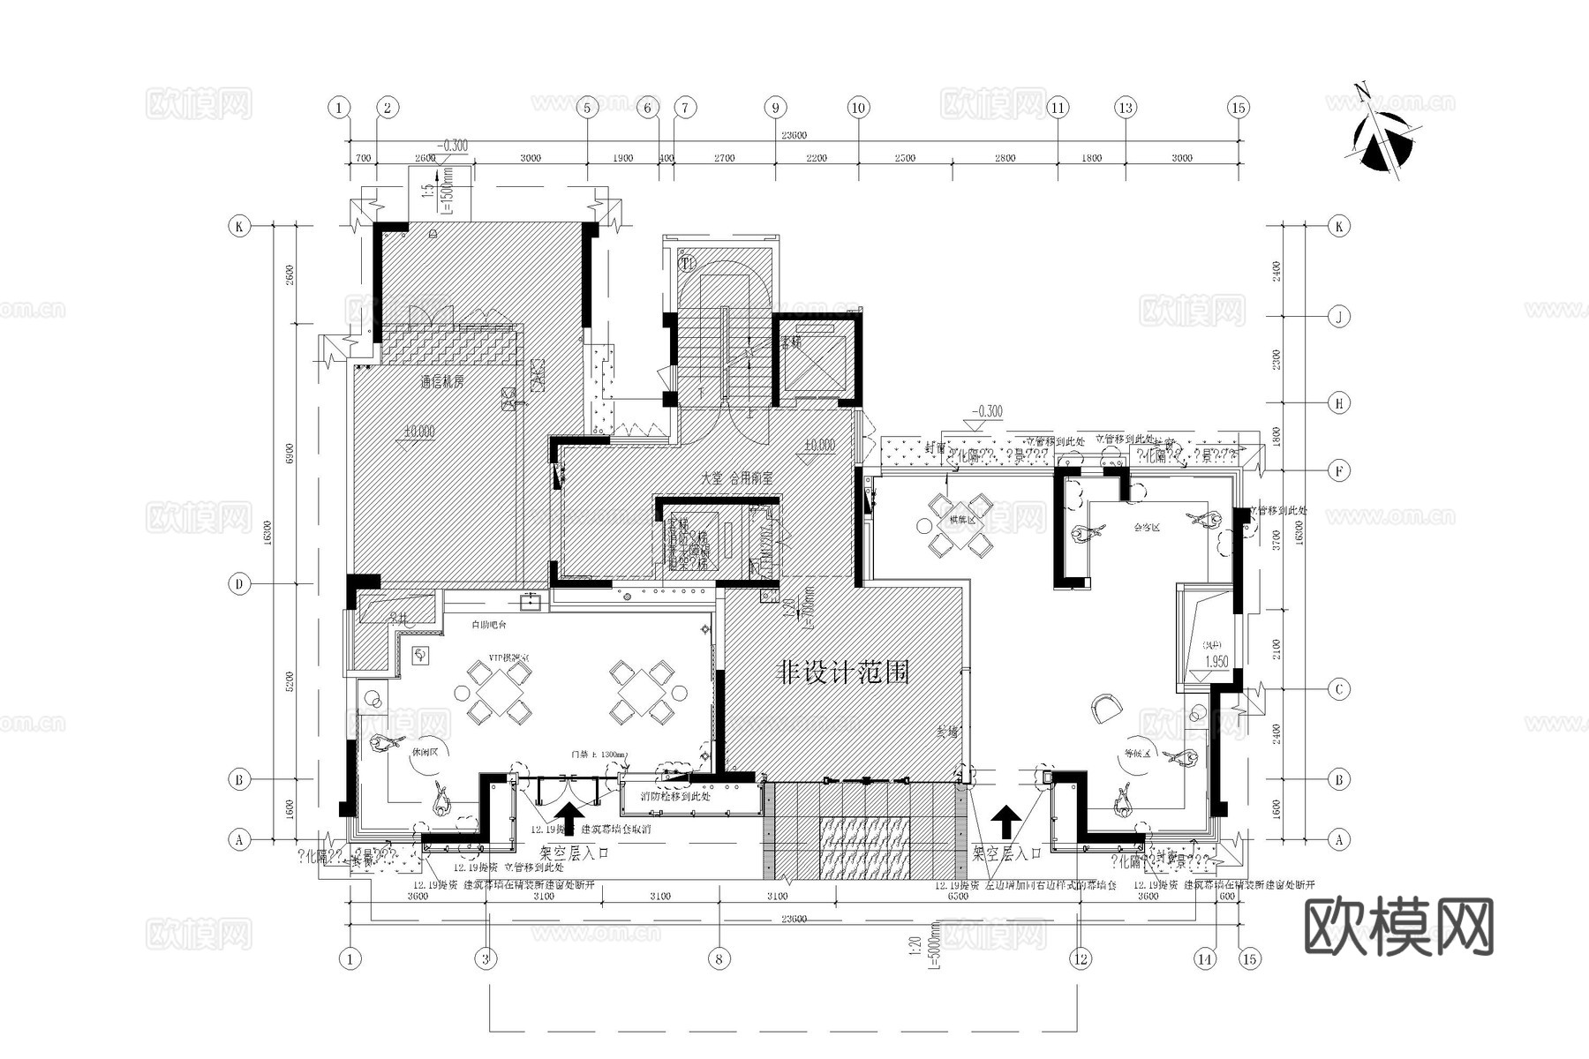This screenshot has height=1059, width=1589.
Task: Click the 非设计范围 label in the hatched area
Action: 842,673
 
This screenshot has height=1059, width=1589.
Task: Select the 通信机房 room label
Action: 442,382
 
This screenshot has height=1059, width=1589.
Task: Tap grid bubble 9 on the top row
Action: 775,108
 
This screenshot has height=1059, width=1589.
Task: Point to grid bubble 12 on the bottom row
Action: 1079,958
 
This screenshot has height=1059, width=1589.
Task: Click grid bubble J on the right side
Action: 1339,316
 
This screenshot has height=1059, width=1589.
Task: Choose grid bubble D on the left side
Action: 238,583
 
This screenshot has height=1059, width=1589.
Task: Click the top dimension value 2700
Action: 724,158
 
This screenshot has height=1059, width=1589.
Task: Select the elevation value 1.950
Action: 1216,662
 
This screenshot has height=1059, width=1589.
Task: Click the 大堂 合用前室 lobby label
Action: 736,477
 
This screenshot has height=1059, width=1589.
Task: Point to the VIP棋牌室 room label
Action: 509,658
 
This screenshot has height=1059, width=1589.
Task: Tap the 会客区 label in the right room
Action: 1147,528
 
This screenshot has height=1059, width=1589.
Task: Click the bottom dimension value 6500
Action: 958,896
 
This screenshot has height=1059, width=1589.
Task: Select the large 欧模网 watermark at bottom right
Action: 1398,927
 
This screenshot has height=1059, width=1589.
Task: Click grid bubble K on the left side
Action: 238,227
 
